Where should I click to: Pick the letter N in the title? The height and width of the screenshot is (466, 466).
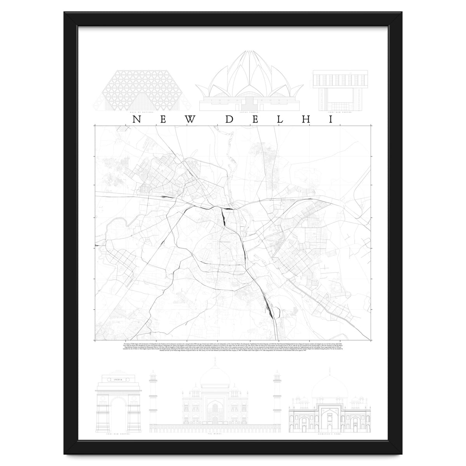pos(136,119)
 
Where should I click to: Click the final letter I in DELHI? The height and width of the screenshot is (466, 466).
pos(331,119)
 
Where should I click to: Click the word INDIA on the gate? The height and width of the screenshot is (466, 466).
pos(117,379)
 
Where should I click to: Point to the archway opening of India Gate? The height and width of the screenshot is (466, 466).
pos(117,412)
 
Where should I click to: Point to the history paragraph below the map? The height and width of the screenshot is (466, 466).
pos(233,347)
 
